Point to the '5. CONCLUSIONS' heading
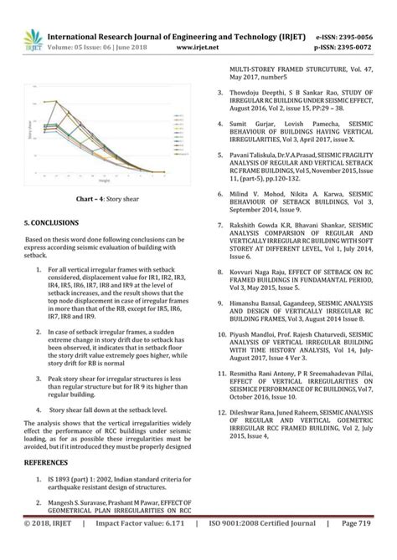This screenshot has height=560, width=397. (51, 223)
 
